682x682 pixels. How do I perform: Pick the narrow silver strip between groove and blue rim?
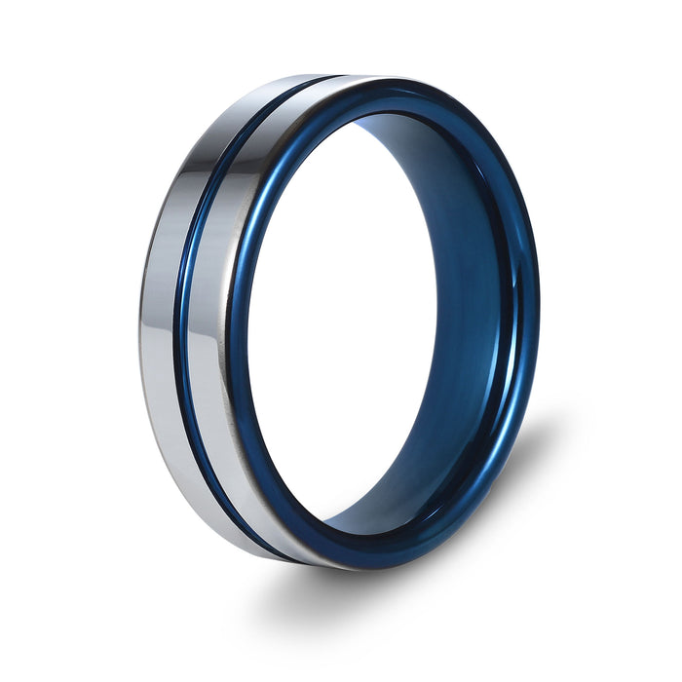(209, 322)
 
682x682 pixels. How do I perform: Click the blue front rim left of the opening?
(238, 322)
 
